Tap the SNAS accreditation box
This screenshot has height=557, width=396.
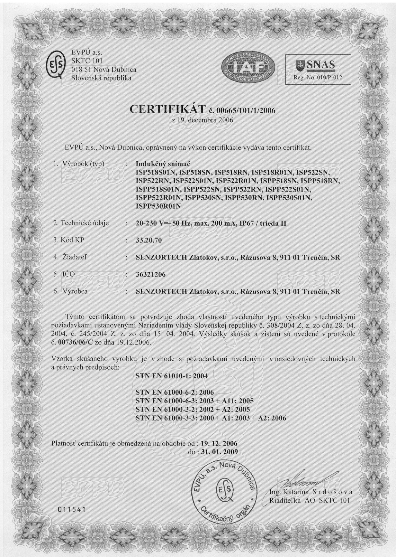(x=318, y=69)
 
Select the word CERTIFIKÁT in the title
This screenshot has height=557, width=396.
(x=167, y=109)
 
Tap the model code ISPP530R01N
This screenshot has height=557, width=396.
(x=158, y=206)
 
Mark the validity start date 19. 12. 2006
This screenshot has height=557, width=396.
(x=219, y=443)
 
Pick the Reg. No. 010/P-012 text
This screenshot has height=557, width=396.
(x=318, y=77)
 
